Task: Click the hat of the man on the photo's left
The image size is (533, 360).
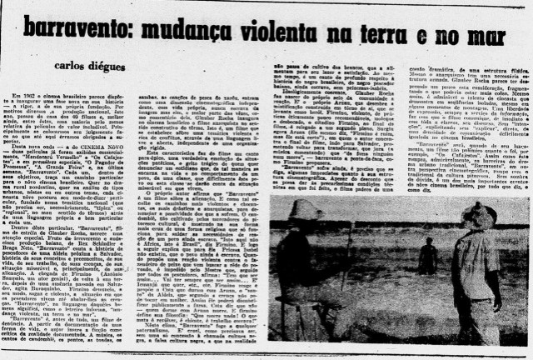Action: pos(303,209)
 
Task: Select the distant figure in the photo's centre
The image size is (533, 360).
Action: pos(429,255)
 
